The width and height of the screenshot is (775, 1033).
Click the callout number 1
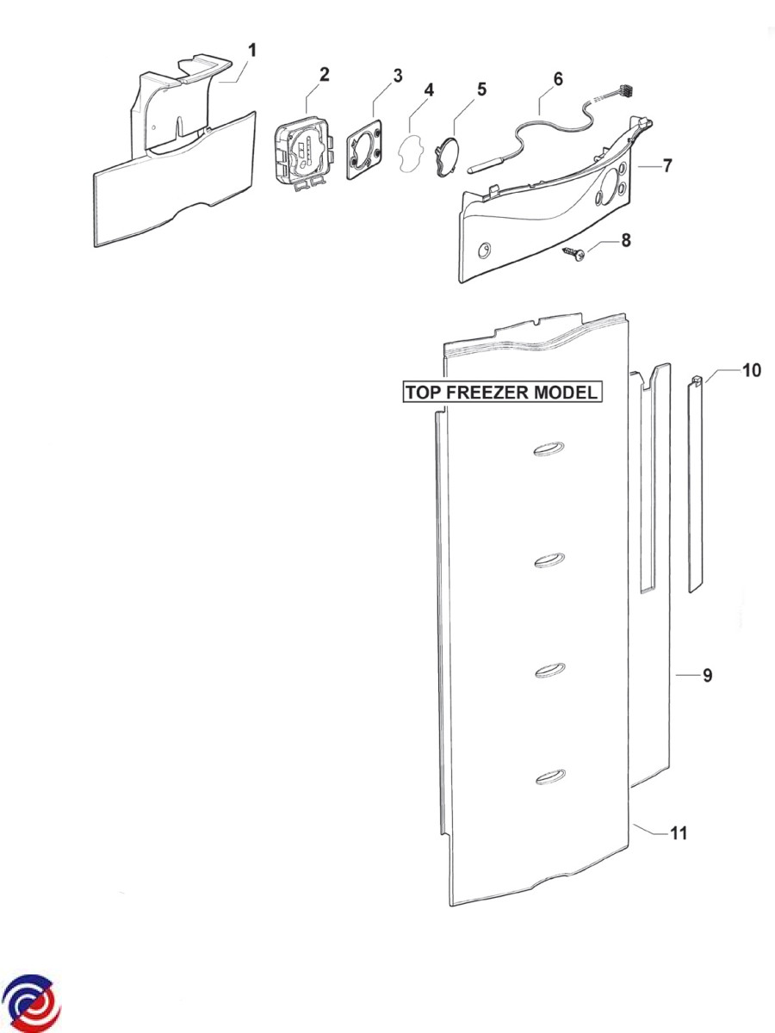click(252, 50)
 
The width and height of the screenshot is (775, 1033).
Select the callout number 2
click(325, 74)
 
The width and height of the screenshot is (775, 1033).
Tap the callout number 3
click(398, 76)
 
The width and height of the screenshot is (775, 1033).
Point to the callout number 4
click(429, 90)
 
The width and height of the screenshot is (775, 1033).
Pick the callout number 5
click(481, 89)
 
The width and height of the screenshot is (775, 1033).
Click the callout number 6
click(558, 79)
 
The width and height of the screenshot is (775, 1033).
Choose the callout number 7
click(667, 165)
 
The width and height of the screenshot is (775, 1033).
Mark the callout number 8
click(626, 240)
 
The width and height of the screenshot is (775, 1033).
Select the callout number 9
click(707, 676)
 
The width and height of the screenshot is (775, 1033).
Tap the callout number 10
click(752, 370)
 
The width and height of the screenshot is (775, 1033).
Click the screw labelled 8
click(574, 255)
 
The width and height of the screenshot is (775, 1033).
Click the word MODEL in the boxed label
click(569, 392)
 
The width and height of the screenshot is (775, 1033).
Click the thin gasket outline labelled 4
click(409, 152)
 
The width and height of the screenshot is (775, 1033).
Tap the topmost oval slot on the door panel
click(549, 449)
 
